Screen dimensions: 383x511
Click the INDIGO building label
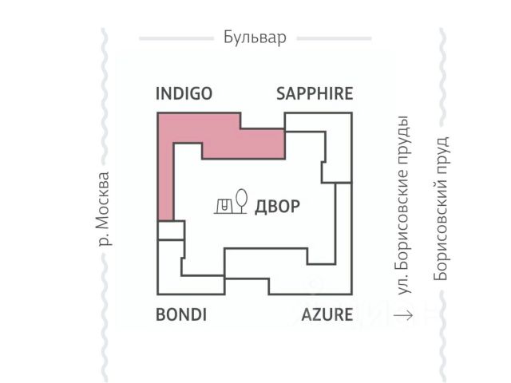pyautogui.click(x=184, y=93)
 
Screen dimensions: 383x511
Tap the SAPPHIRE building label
pyautogui.click(x=314, y=93)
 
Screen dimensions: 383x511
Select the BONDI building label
pyautogui.click(x=181, y=314)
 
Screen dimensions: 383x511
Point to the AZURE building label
pyautogui.click(x=327, y=314)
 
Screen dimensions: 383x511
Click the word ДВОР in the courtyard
pyautogui.click(x=277, y=207)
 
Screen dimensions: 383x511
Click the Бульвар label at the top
pyautogui.click(x=255, y=38)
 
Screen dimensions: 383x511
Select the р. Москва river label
pyautogui.click(x=102, y=208)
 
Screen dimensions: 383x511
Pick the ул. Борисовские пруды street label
pyautogui.click(x=404, y=207)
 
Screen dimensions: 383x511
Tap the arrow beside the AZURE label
pyautogui.click(x=403, y=314)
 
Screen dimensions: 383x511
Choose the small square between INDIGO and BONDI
pyautogui.click(x=169, y=230)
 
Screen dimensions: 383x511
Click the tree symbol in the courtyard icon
pyautogui.click(x=242, y=199)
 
